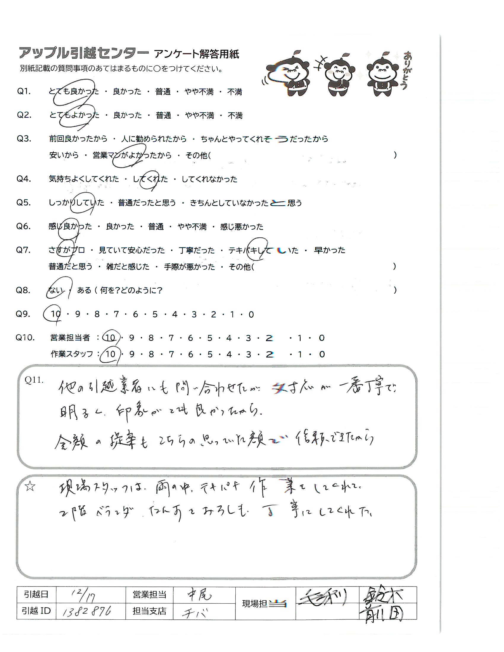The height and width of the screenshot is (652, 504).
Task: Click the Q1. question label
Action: click(x=24, y=91)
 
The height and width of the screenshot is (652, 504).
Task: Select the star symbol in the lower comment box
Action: click(x=30, y=487)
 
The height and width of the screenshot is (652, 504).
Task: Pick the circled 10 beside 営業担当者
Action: click(x=111, y=338)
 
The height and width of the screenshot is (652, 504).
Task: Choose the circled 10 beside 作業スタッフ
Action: click(x=111, y=354)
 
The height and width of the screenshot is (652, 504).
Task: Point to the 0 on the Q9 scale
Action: click(x=251, y=314)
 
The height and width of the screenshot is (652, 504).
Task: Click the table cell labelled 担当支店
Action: click(x=149, y=611)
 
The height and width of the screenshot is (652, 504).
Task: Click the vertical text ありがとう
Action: click(x=406, y=71)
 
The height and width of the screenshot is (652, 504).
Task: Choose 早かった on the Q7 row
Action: click(x=329, y=250)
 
